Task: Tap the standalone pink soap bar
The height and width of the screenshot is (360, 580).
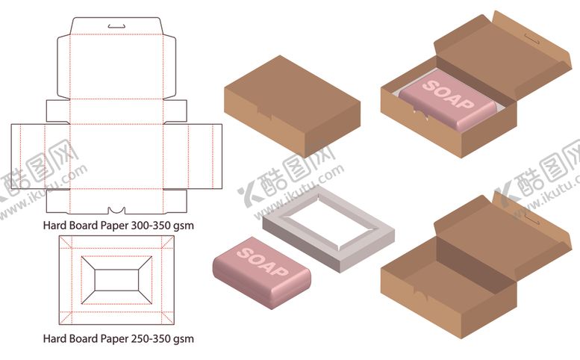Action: tap(261, 273)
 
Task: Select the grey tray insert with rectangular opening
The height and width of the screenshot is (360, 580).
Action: tap(328, 229)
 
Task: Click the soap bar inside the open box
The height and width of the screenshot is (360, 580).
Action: tap(448, 99)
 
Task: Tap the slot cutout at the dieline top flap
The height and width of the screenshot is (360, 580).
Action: tap(116, 26)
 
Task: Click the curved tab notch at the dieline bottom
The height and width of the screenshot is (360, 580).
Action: tap(116, 211)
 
